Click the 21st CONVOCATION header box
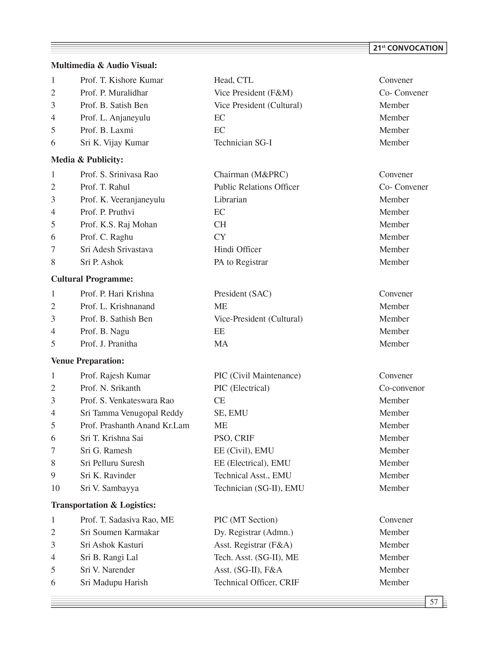[x=408, y=48]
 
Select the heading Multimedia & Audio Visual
[x=104, y=65]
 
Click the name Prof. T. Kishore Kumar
[x=121, y=80]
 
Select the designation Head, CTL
[x=234, y=80]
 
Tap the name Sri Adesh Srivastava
[x=117, y=249]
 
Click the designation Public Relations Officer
[x=256, y=187]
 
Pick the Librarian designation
[x=230, y=199]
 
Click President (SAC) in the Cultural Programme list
[x=242, y=294]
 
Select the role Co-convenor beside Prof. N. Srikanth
[x=402, y=388]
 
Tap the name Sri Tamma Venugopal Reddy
[x=132, y=413]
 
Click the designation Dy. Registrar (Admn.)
[x=254, y=532]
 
